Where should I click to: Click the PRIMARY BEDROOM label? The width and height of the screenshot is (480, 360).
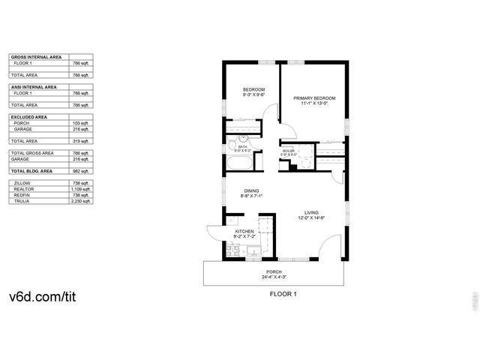click(313, 99)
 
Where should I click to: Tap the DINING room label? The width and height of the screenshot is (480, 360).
click(250, 190)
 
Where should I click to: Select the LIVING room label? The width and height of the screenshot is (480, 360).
click(301, 212)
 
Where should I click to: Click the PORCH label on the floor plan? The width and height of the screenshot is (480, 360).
click(274, 271)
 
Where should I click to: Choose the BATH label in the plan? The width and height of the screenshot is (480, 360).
click(242, 147)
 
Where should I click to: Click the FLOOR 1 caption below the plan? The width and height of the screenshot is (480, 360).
click(283, 294)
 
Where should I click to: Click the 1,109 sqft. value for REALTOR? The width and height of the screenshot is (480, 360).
click(81, 189)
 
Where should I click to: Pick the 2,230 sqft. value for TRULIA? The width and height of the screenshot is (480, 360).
click(81, 201)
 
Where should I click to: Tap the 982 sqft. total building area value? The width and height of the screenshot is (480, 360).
click(81, 171)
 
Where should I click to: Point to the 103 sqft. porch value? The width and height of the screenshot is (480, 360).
click(81, 123)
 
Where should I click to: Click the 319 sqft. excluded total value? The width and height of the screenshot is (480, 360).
click(81, 141)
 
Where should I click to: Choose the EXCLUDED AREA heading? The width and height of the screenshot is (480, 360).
click(29, 117)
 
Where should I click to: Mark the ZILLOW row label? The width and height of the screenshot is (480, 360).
click(20, 183)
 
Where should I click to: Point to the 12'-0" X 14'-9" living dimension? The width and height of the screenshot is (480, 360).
click(301, 218)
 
